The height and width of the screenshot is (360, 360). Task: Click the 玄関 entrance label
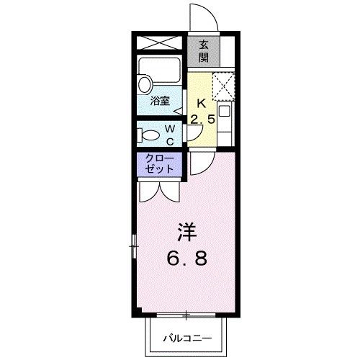tap(204, 50)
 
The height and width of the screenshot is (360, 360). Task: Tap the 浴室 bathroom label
tap(160, 102)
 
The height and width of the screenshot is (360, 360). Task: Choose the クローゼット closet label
tap(160, 163)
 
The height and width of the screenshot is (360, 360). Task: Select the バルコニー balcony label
tap(186, 338)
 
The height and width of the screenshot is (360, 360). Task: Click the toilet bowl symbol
tap(150, 135)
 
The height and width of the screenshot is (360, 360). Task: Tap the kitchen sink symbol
tap(224, 112)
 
